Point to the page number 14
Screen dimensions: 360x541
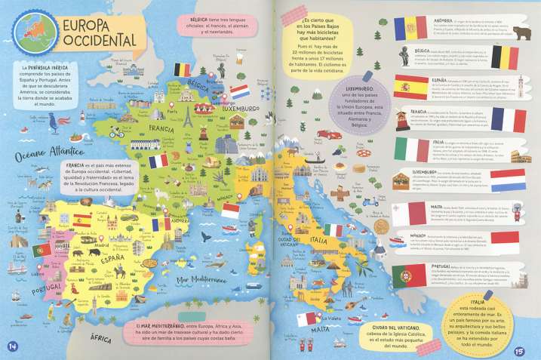(12, 346)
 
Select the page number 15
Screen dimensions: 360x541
(519, 350)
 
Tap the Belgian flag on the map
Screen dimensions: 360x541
(183, 69)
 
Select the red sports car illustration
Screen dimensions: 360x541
(324, 134)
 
